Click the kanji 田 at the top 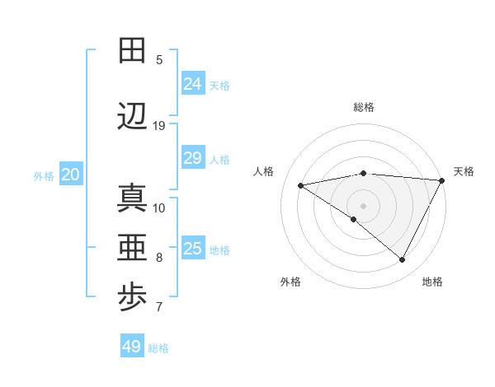(x=132, y=50)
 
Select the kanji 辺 (x=132, y=117)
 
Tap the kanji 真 (x=132, y=198)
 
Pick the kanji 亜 (x=132, y=247)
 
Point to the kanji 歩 (x=132, y=298)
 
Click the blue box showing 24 (x=192, y=83)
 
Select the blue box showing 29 (x=192, y=158)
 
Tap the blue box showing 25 (x=192, y=249)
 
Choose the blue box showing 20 (x=71, y=175)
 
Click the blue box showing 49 (x=132, y=347)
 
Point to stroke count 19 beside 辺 (x=159, y=126)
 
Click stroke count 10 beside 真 (x=159, y=207)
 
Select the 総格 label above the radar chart (x=364, y=107)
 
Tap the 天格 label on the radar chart (x=464, y=171)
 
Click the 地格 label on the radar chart (x=432, y=282)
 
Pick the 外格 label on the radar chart (x=290, y=282)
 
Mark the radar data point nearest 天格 (x=443, y=180)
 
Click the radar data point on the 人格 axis (x=300, y=185)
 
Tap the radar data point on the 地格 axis (x=403, y=260)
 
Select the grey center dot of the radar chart (x=363, y=205)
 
